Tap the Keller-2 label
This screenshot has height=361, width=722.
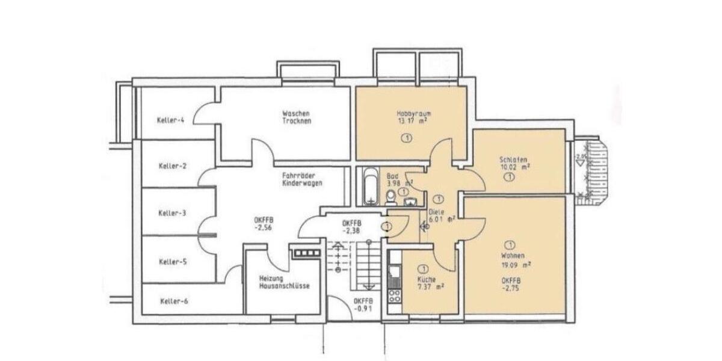tap(173, 165)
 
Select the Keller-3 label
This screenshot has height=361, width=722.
tap(172, 213)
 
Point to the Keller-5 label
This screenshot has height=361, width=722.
tap(173, 261)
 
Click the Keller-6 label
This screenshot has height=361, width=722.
tap(174, 301)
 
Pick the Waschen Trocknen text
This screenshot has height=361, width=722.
tap(296, 117)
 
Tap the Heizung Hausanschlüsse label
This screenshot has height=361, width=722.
tap(285, 282)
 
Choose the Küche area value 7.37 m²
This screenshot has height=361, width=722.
tap(430, 287)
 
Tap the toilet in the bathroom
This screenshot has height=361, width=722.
tap(390, 197)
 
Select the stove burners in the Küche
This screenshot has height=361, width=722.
tap(395, 295)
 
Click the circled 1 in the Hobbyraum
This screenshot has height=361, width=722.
tap(407, 138)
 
